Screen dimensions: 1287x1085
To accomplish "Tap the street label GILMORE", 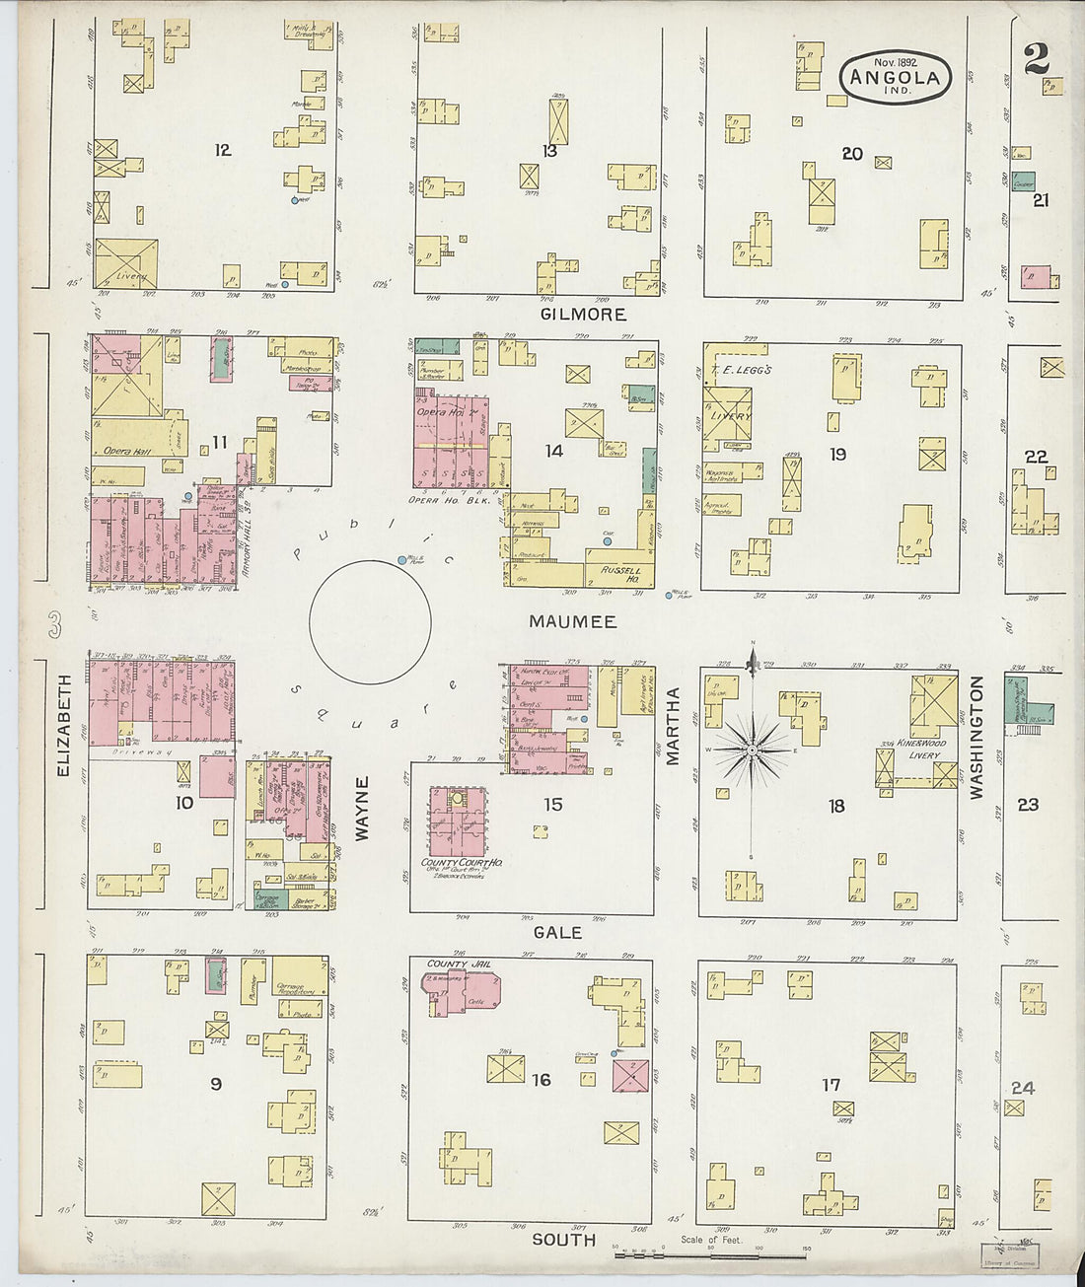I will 582,315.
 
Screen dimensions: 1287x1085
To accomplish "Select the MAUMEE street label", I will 572,622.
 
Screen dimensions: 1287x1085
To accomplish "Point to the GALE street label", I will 557,933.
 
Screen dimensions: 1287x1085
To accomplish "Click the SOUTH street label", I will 564,1240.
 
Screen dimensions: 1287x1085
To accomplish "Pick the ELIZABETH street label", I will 65,726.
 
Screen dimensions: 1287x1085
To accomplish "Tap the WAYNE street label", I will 361,809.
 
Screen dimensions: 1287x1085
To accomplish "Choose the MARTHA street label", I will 675,726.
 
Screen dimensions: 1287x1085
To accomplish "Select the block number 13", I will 549,151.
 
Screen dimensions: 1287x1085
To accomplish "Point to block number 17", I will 832,1085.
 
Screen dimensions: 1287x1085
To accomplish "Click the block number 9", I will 215,1085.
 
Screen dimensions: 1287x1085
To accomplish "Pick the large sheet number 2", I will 1036,61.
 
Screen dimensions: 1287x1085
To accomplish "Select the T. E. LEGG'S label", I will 731,370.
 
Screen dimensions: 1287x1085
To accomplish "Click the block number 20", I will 852,154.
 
